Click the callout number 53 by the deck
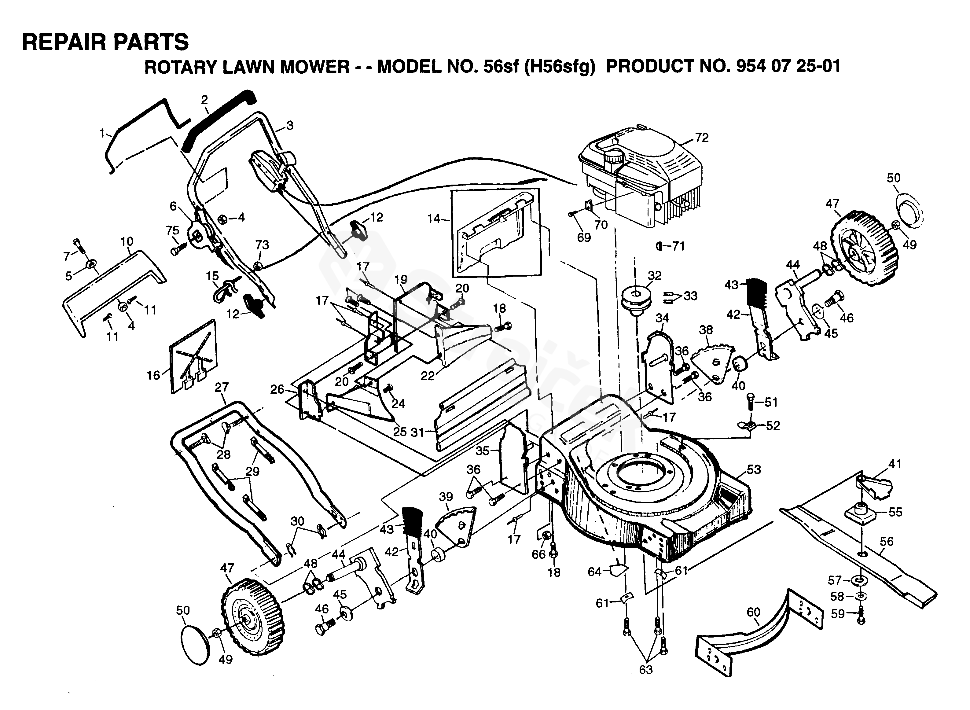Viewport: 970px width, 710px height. pyautogui.click(x=753, y=469)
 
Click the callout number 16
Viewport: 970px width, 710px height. pyautogui.click(x=153, y=375)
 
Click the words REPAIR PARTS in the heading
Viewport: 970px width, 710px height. pyautogui.click(x=105, y=42)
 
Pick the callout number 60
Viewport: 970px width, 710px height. pyautogui.click(x=753, y=612)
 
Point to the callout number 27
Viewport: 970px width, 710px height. pyautogui.click(x=222, y=387)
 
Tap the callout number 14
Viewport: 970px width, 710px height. pyautogui.click(x=434, y=219)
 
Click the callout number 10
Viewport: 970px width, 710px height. pyautogui.click(x=127, y=241)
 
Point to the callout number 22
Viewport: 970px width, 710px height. pyautogui.click(x=428, y=376)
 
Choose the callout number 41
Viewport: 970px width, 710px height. pyautogui.click(x=895, y=464)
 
